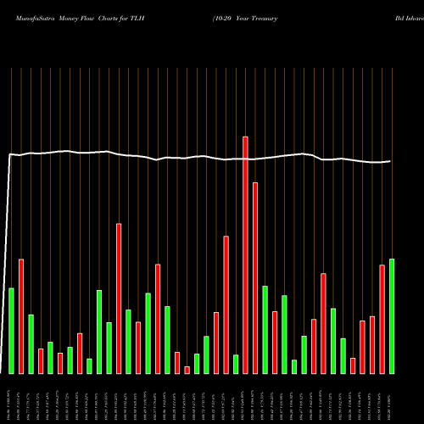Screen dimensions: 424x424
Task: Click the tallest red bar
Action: tap(245, 254)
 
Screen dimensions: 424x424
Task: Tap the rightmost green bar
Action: tap(392, 315)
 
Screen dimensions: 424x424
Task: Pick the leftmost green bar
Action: tap(11, 331)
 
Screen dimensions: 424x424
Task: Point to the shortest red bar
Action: tap(187, 370)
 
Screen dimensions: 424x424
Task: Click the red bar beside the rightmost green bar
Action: tap(382, 319)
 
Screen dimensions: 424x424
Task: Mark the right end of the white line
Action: tap(391, 161)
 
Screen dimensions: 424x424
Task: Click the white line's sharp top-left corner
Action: tap(9, 154)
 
